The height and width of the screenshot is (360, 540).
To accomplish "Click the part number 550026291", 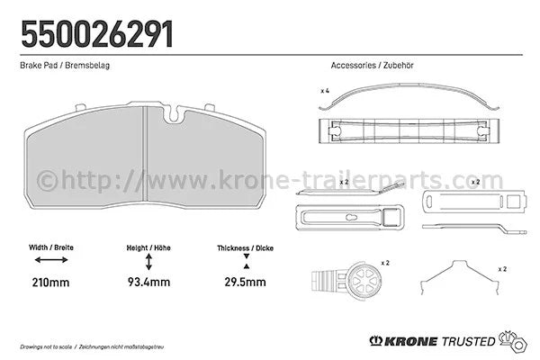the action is click(x=97, y=34).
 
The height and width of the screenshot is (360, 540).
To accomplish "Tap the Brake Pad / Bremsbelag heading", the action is click(x=65, y=65).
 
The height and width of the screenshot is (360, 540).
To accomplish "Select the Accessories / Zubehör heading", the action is click(x=372, y=65).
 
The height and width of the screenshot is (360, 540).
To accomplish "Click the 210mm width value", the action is click(x=50, y=283).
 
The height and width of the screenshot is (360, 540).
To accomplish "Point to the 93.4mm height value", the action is click(x=148, y=282).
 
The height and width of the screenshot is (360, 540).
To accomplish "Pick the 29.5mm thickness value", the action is click(x=245, y=282).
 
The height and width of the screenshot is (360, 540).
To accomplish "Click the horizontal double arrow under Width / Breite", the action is click(x=51, y=260).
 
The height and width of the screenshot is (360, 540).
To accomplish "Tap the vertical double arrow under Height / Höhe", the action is click(x=148, y=262).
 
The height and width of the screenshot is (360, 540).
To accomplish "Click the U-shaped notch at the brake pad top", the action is click(x=175, y=114).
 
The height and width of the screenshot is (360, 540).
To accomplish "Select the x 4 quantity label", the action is click(x=325, y=91).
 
